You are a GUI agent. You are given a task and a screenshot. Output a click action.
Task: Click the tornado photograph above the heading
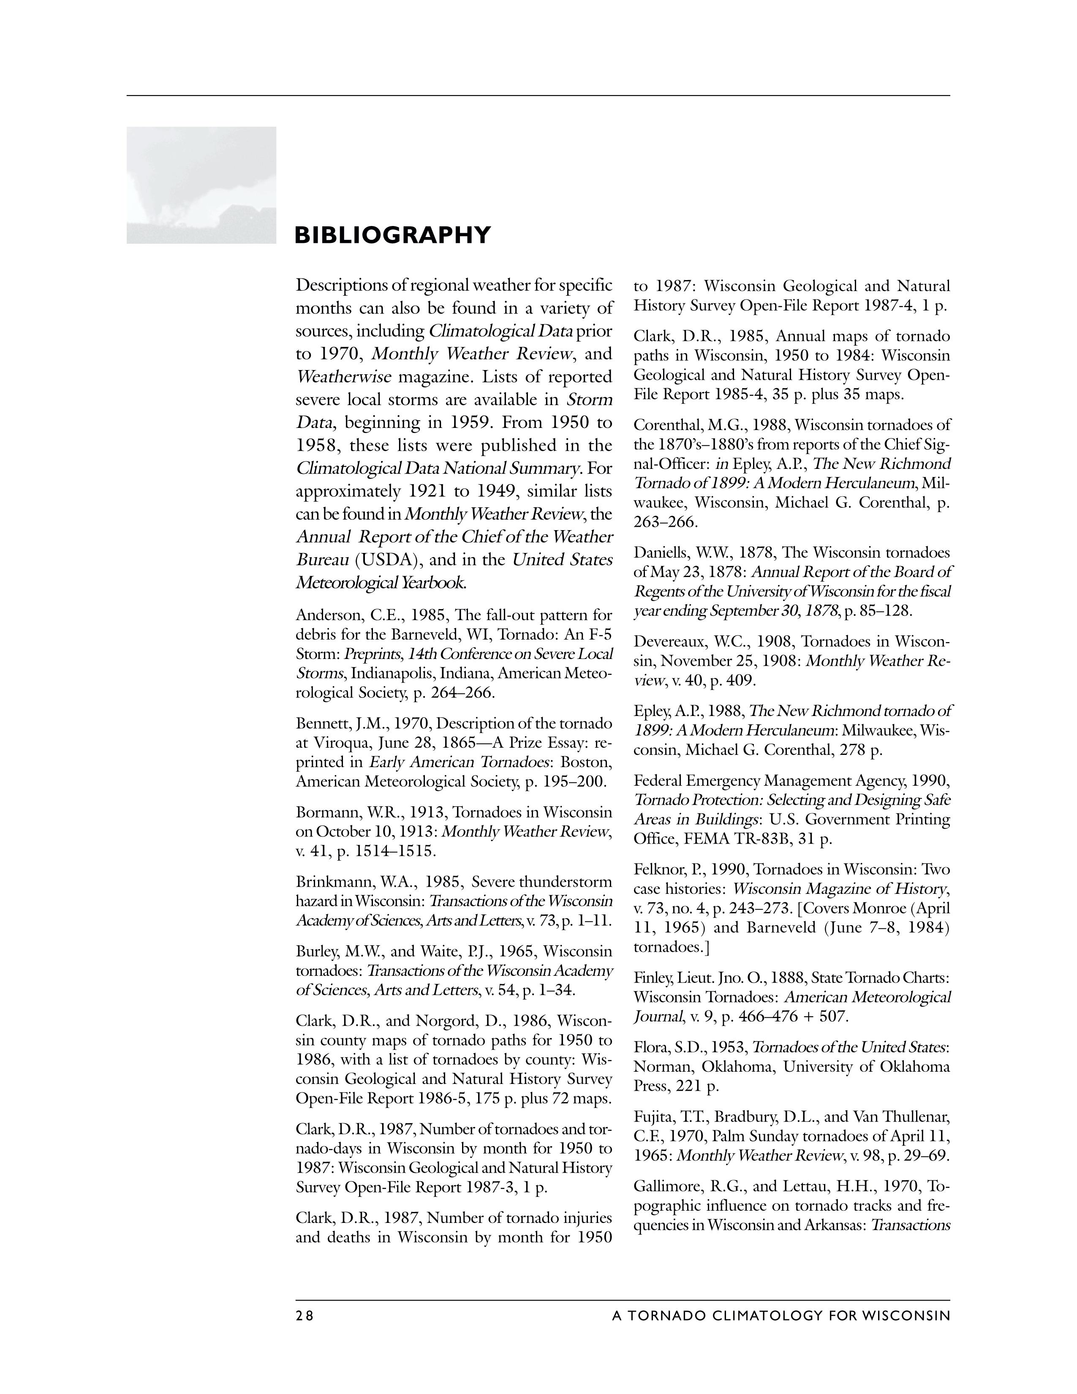coord(201,185)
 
